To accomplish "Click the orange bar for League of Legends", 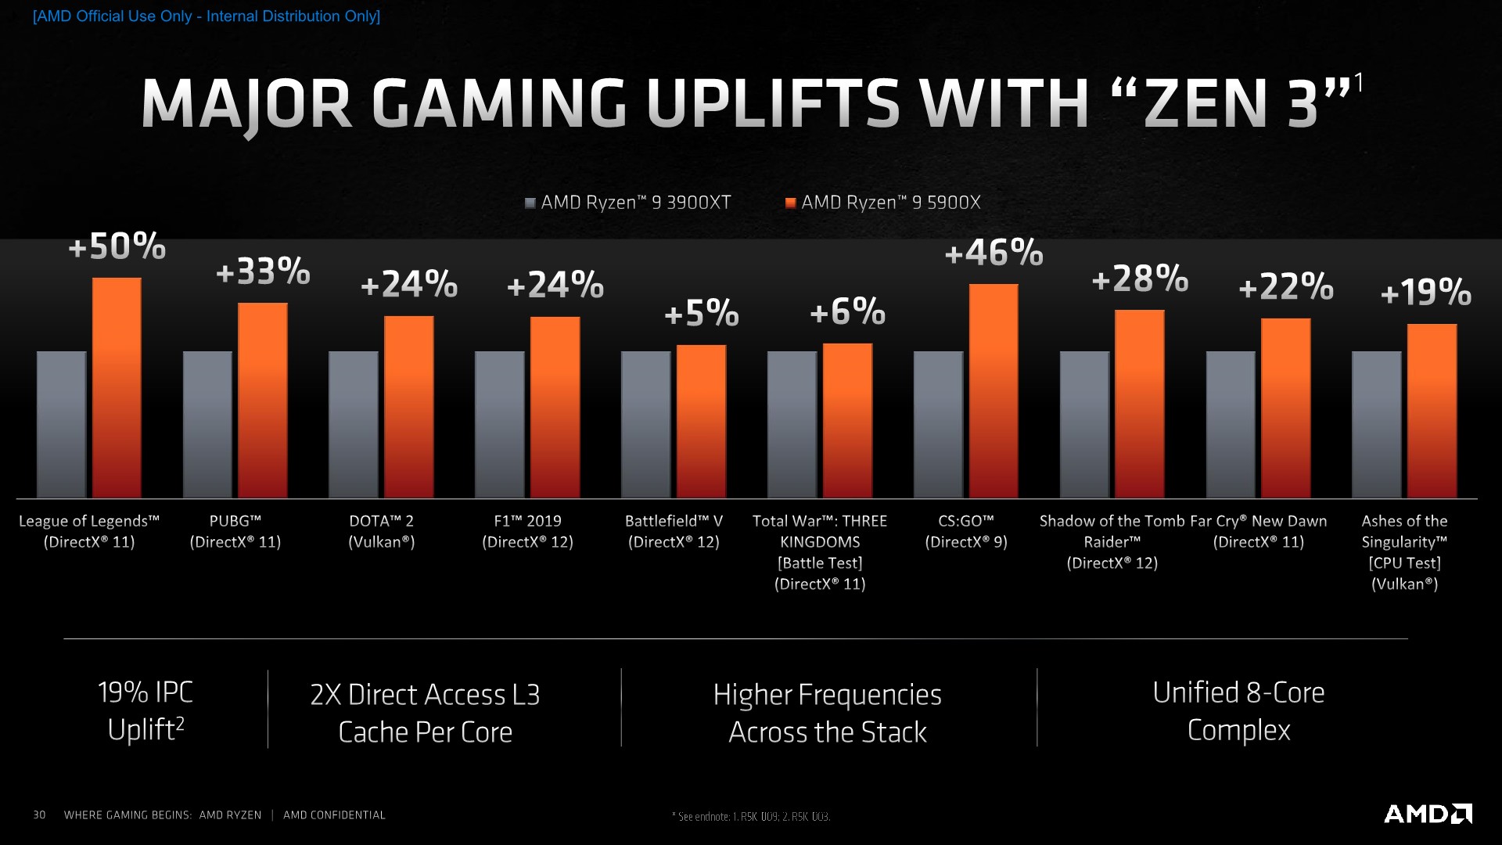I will click(x=117, y=387).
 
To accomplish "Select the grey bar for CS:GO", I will click(x=938, y=424).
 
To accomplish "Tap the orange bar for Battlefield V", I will click(x=701, y=421).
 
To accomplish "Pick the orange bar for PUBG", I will click(x=262, y=400).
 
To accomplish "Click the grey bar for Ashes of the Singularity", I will click(x=1376, y=424).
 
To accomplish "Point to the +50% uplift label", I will click(x=117, y=246).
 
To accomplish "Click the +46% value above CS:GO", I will click(x=994, y=253).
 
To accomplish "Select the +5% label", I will click(x=701, y=313).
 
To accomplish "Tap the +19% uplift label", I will click(x=1425, y=293).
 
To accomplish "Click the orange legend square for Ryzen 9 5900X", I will click(x=791, y=203).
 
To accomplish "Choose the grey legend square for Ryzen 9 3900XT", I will click(x=530, y=203).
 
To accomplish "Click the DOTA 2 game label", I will click(x=381, y=531).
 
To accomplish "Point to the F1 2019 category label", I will click(x=527, y=531).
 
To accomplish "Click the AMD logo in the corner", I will click(x=1428, y=814).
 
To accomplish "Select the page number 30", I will click(x=39, y=815).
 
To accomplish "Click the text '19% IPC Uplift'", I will click(x=146, y=710).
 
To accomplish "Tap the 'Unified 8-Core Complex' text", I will click(x=1238, y=711).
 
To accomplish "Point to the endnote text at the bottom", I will click(x=751, y=817).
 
